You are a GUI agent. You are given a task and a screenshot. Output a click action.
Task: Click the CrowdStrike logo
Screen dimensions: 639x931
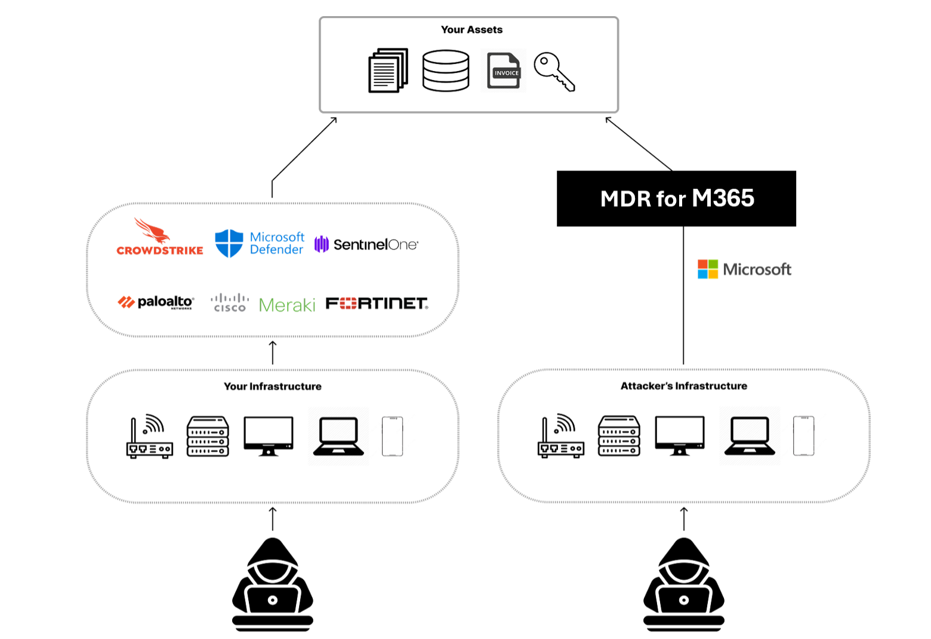click(159, 238)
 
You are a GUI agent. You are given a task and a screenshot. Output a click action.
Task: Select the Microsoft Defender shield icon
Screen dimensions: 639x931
click(229, 243)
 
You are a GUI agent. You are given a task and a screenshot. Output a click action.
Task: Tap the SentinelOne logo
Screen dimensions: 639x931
click(366, 244)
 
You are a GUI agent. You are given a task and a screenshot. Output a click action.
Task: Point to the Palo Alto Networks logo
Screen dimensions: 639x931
click(156, 302)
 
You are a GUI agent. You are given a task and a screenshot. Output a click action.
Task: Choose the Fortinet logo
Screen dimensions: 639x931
click(377, 303)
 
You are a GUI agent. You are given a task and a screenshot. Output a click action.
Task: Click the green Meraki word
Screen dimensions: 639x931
click(287, 305)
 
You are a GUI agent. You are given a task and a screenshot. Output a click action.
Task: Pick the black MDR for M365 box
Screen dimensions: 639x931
click(676, 199)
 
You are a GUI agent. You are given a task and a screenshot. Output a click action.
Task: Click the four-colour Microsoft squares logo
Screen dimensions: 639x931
click(708, 269)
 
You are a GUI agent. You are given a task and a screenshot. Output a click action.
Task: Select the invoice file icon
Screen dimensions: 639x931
click(504, 70)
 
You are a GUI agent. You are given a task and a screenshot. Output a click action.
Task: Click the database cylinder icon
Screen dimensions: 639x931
click(446, 70)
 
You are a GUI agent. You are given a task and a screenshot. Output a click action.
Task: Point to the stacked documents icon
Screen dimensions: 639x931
click(388, 70)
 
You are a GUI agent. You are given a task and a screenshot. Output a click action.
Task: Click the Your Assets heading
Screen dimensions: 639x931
click(471, 30)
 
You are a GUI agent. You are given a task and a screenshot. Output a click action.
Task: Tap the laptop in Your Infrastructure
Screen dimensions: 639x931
click(338, 437)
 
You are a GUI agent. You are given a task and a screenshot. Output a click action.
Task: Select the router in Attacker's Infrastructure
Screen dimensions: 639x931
click(561, 437)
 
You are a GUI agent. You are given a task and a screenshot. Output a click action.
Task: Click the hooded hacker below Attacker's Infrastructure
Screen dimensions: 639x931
click(684, 585)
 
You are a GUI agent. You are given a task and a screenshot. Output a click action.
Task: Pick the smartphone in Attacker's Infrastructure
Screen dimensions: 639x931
click(803, 437)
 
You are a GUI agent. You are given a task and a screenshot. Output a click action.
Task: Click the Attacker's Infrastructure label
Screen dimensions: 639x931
click(684, 386)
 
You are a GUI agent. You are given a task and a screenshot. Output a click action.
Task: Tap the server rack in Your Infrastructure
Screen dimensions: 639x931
click(208, 437)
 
